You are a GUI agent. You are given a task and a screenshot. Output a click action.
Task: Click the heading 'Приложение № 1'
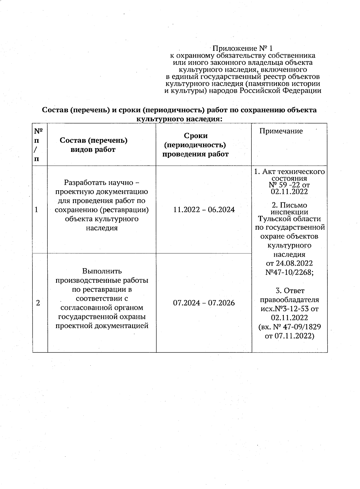pyautogui.click(x=243, y=48)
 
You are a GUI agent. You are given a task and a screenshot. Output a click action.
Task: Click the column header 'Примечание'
pyautogui.click(x=281, y=131)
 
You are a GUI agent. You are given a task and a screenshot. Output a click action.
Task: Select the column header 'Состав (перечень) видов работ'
pyautogui.click(x=93, y=145)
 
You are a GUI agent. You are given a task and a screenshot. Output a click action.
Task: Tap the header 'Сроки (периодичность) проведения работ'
pyautogui.click(x=196, y=145)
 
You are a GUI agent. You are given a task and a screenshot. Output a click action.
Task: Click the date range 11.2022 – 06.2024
pyautogui.click(x=204, y=210)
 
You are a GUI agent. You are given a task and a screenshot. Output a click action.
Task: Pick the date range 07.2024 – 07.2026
pyautogui.click(x=204, y=303)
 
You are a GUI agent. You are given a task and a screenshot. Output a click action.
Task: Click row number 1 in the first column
pyautogui.click(x=37, y=210)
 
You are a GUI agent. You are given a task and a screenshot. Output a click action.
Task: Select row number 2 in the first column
pyautogui.click(x=37, y=303)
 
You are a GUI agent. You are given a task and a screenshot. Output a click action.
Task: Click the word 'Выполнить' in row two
pyautogui.click(x=102, y=271)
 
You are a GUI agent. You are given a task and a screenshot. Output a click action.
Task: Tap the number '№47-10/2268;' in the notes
pyautogui.click(x=289, y=272)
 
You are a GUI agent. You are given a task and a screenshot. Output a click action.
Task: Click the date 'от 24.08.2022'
pyautogui.click(x=289, y=263)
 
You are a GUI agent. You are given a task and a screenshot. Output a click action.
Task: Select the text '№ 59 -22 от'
pyautogui.click(x=289, y=185)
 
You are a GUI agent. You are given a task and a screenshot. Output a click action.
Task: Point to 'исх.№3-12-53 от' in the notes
pyautogui.click(x=289, y=309)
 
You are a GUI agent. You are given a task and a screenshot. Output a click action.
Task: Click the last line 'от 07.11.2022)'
pyautogui.click(x=289, y=336)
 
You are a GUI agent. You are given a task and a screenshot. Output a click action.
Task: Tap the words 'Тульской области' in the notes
pyautogui.click(x=289, y=219)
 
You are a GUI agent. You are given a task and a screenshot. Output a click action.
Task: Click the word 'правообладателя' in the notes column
pyautogui.click(x=289, y=300)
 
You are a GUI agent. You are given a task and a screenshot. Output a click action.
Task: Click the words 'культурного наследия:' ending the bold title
pyautogui.click(x=179, y=119)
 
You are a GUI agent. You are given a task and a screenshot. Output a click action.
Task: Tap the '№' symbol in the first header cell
pyautogui.click(x=38, y=131)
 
